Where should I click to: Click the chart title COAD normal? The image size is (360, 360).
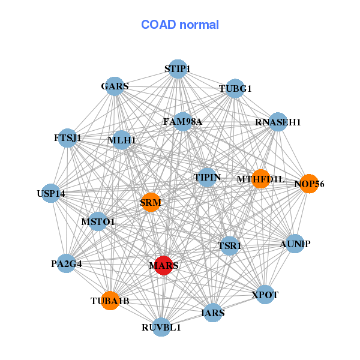180,25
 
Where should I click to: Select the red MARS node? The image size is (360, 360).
164,265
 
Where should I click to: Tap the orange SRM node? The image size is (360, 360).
151,202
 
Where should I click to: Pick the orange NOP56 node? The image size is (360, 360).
309,184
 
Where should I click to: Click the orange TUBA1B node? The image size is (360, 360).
110,300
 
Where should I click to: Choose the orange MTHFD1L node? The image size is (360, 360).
260,179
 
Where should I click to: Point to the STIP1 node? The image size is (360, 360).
177,69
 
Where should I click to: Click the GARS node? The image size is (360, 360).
115,86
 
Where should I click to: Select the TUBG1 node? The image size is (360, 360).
235,88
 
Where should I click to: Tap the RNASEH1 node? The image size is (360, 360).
278,122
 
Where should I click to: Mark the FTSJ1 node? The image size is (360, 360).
68,138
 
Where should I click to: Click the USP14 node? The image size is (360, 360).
51,193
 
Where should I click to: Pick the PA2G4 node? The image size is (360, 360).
66,263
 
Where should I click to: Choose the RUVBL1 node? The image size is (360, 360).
161,327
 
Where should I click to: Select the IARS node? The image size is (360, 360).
214,313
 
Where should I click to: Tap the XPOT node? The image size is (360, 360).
265,295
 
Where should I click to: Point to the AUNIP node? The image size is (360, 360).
295,244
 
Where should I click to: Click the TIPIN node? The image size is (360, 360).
208,178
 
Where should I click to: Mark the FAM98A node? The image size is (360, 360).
182,122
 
